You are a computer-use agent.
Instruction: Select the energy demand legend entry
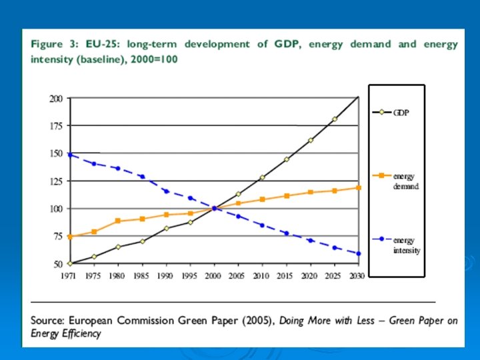click(x=405, y=181)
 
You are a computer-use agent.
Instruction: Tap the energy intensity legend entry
click(x=405, y=245)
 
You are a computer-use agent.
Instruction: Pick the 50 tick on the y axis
click(x=59, y=264)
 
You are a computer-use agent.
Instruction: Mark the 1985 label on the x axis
click(x=141, y=275)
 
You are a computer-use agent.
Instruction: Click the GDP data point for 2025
click(x=335, y=119)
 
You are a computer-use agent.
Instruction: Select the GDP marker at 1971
click(x=70, y=263)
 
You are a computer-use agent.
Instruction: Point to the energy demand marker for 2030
click(x=359, y=187)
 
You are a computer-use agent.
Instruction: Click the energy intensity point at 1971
click(x=70, y=155)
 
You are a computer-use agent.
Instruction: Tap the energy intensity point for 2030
click(x=359, y=253)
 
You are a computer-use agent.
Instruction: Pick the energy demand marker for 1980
click(x=117, y=221)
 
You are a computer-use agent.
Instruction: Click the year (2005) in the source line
click(x=257, y=321)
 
